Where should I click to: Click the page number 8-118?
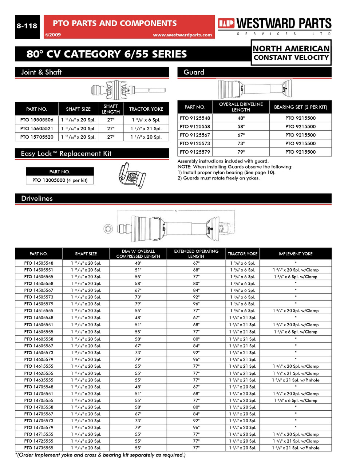(x=27, y=26)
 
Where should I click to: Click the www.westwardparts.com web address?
(x=182, y=35)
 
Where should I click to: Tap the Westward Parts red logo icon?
(x=226, y=24)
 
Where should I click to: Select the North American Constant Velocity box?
(x=291, y=53)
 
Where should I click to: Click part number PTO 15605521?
(x=37, y=129)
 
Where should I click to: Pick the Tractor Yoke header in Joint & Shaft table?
(x=146, y=109)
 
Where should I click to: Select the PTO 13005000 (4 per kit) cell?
(x=60, y=180)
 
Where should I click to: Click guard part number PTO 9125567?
(x=195, y=135)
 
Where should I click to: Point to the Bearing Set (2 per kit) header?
(x=300, y=107)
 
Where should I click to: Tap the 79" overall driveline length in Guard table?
(x=241, y=152)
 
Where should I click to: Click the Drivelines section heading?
(x=37, y=198)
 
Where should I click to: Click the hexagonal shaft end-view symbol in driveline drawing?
(x=108, y=229)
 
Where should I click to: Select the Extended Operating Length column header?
(x=196, y=254)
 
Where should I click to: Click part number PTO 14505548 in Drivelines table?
(x=39, y=263)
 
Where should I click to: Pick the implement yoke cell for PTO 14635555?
(x=295, y=380)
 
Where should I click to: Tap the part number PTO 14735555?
(x=39, y=448)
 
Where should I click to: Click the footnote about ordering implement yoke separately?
(x=100, y=455)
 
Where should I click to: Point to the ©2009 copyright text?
(x=53, y=35)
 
